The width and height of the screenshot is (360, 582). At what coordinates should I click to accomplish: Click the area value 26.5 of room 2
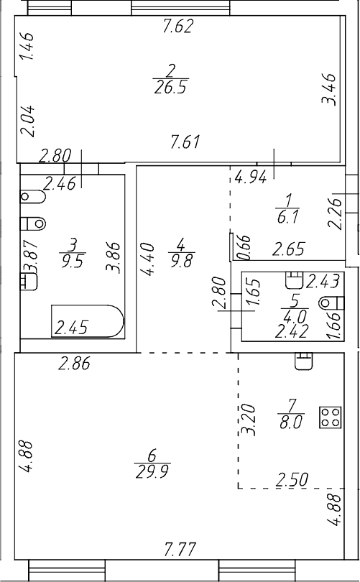pos(171,88)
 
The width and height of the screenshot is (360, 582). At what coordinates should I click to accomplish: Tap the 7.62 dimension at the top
pos(178,27)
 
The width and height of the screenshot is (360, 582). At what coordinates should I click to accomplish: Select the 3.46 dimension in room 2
pos(329,89)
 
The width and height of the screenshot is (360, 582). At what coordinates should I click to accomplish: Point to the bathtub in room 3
pos(87,321)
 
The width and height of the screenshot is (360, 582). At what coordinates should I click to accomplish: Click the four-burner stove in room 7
pos(331,417)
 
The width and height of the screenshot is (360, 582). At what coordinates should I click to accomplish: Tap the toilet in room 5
pos(331,303)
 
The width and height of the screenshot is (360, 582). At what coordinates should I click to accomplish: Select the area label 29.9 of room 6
pos(153,472)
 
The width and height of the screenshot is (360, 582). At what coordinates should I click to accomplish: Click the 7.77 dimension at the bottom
pos(180,550)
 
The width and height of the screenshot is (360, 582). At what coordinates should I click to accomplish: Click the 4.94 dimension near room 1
pos(251,178)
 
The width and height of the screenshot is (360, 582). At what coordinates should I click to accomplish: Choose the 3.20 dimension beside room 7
pos(249,420)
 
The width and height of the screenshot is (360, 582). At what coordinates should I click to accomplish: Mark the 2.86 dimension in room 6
pos(74,364)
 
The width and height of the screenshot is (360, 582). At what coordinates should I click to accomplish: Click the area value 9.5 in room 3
pos(73,261)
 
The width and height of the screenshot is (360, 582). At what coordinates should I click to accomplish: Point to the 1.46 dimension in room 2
pos(27,46)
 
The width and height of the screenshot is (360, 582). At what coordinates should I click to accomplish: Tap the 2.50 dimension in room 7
pos(292,480)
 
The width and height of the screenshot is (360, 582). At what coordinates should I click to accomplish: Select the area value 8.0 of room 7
pos(291,422)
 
